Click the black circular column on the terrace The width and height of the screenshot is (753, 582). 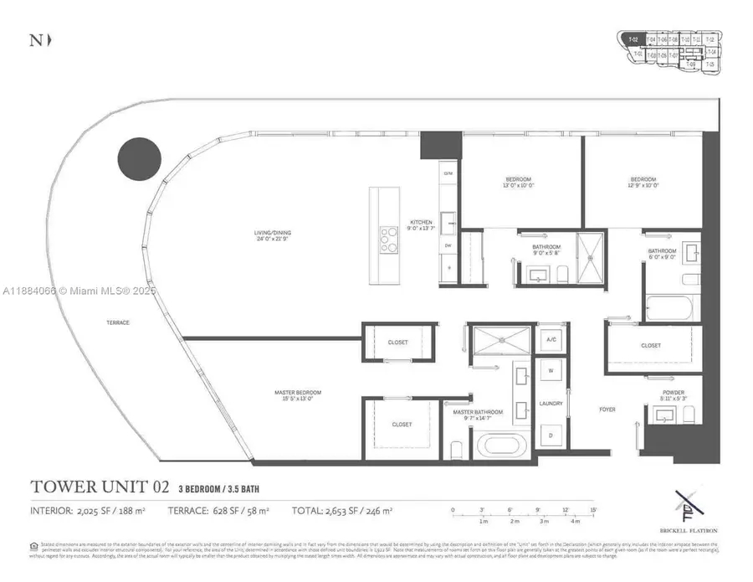pyautogui.click(x=139, y=159)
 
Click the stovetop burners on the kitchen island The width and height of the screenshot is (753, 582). pyautogui.click(x=389, y=239)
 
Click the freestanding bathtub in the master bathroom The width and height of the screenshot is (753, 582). pyautogui.click(x=502, y=444)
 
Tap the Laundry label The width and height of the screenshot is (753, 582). pyautogui.click(x=551, y=404)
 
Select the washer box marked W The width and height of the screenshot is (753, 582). pyautogui.click(x=551, y=370)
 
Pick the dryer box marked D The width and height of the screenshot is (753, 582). pyautogui.click(x=551, y=435)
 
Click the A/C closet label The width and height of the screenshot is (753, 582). pyautogui.click(x=551, y=339)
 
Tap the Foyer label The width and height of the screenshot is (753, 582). pyautogui.click(x=607, y=409)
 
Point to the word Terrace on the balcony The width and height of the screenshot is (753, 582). pyautogui.click(x=117, y=322)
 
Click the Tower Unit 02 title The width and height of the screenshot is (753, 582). pyautogui.click(x=100, y=487)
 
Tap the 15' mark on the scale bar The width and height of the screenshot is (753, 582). pyautogui.click(x=592, y=510)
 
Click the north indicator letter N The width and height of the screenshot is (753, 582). pyautogui.click(x=35, y=40)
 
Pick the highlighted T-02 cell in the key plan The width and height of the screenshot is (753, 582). pyautogui.click(x=634, y=39)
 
